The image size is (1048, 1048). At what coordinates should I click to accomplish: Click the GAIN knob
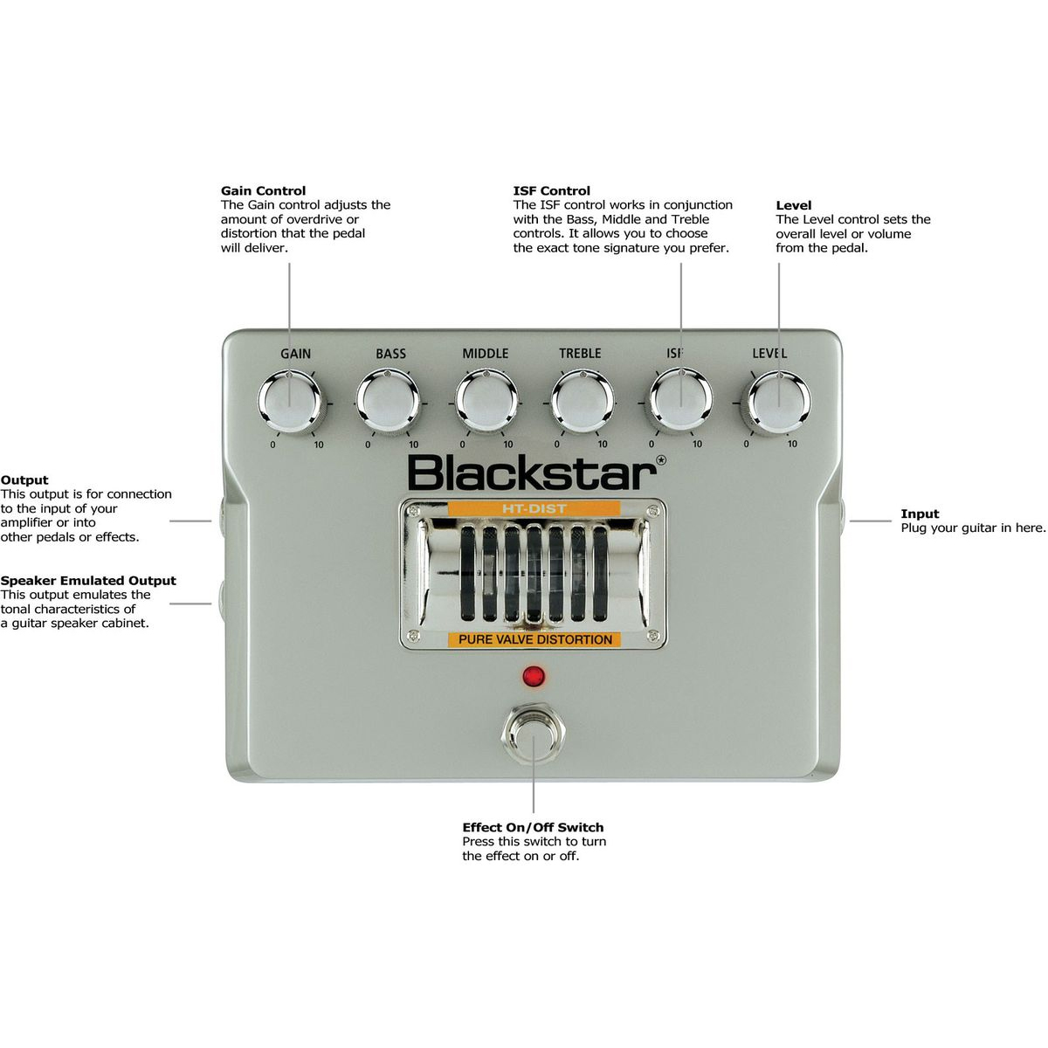coord(290,403)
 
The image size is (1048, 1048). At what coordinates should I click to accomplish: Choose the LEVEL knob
coord(777,403)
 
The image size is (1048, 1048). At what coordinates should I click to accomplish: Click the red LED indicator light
coord(534,676)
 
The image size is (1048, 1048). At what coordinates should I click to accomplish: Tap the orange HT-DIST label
coord(534,508)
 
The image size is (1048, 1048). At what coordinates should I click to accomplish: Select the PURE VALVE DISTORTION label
coord(534,639)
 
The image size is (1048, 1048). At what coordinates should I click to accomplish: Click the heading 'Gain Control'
coord(263,190)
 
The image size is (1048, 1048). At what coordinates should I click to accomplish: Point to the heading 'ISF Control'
coord(551,190)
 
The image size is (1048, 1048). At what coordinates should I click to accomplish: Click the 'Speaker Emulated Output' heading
coord(88,581)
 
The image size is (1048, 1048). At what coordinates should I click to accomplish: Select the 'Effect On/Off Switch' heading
coord(533,827)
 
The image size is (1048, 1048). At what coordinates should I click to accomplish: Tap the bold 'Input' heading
coord(920,514)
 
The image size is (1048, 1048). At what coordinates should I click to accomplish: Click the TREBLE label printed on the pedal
coord(580,354)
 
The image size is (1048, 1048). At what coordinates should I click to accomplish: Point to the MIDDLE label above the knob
coord(485,354)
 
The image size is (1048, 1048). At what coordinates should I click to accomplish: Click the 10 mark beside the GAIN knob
coord(319,445)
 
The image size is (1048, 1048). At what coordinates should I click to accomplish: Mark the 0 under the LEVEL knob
coord(746,444)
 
